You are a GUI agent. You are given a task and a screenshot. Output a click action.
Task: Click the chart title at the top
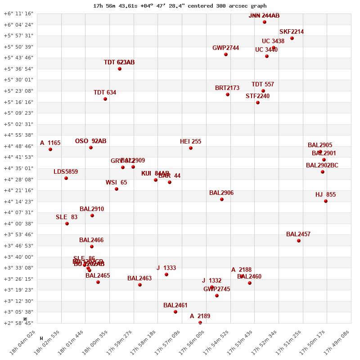pos(180,6)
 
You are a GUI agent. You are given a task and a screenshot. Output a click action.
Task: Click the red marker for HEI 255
pos(191,148)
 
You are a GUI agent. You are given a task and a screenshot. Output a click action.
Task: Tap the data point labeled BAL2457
pos(299,241)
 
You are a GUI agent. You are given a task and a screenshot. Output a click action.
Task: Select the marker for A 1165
pos(50,149)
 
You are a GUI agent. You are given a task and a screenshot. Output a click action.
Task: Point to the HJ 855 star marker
pos(326,201)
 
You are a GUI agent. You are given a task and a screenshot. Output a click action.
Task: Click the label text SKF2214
pos(292,32)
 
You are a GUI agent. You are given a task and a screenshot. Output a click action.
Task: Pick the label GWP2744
pos(226,48)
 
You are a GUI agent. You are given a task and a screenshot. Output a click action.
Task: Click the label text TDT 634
pos(105,93)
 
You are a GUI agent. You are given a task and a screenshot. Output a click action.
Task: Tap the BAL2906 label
pos(221,193)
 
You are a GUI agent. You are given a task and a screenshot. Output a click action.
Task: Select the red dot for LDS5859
pos(66,178)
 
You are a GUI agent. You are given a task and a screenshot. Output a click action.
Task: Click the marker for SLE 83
pos(67,224)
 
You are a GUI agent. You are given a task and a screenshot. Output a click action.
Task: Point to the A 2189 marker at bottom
pos(200,322)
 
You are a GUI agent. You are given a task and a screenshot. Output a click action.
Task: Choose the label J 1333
pos(166,268)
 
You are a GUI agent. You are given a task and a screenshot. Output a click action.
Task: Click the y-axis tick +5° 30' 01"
pos(18,80)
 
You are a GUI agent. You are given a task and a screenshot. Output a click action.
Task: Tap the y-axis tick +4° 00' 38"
pos(18,224)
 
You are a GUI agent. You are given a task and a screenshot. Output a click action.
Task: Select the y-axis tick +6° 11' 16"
pos(18,13)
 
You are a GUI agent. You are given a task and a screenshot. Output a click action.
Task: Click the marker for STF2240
pos(258,103)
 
